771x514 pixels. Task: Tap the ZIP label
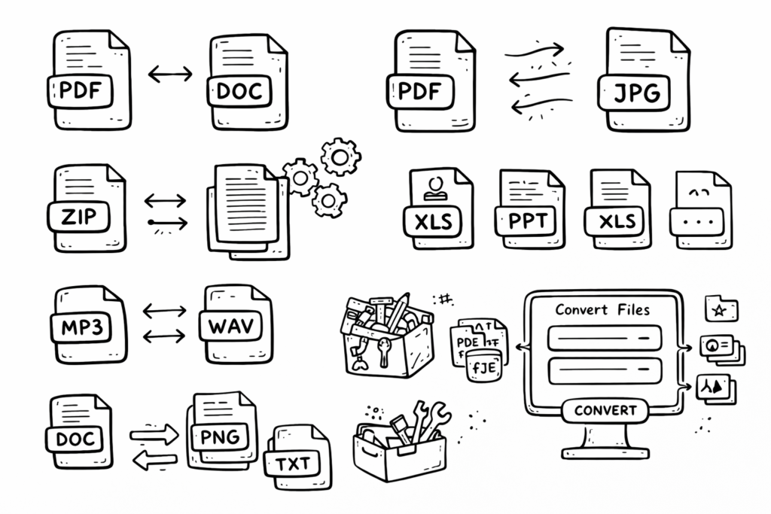pos(78,217)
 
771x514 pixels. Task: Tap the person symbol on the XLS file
pos(434,186)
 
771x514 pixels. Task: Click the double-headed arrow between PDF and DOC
pos(169,74)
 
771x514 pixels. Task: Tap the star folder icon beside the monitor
pos(721,309)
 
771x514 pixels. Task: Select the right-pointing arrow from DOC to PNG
pos(154,434)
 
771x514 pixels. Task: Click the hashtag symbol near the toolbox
pos(445,300)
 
